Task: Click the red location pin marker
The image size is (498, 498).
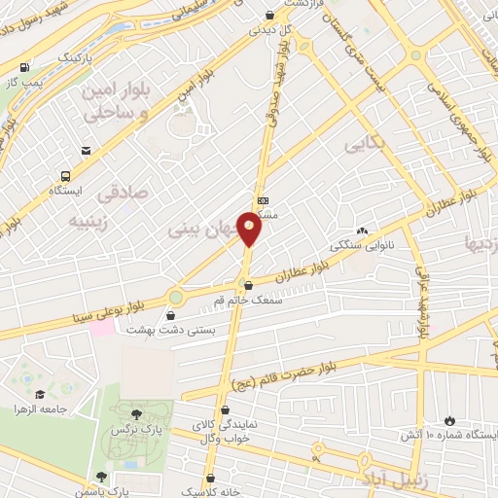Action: (x=250, y=230)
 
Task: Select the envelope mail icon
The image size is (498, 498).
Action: (x=87, y=150)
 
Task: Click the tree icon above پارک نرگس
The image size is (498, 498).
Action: (x=148, y=414)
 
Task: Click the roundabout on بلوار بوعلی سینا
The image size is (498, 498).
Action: (x=175, y=298)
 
